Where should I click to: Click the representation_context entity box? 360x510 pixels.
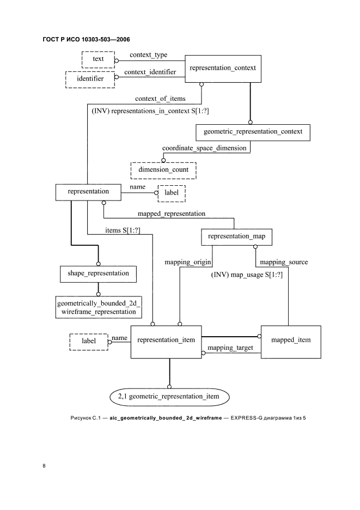coord(222,68)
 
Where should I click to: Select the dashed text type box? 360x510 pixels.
coord(98,58)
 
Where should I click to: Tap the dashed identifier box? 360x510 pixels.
coord(90,79)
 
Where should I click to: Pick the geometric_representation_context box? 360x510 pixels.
coord(252,132)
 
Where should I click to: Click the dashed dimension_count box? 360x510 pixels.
coord(163,169)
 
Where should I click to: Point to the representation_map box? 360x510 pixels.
coord(236,237)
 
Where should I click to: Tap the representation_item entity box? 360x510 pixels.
coord(166,341)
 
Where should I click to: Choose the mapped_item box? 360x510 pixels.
coord(290,341)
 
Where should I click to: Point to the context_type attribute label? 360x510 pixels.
coord(148,54)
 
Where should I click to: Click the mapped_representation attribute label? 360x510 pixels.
coord(172,214)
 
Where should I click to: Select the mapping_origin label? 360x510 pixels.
coord(188,262)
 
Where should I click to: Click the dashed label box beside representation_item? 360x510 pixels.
coord(88,342)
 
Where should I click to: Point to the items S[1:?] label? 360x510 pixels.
coord(123,230)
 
